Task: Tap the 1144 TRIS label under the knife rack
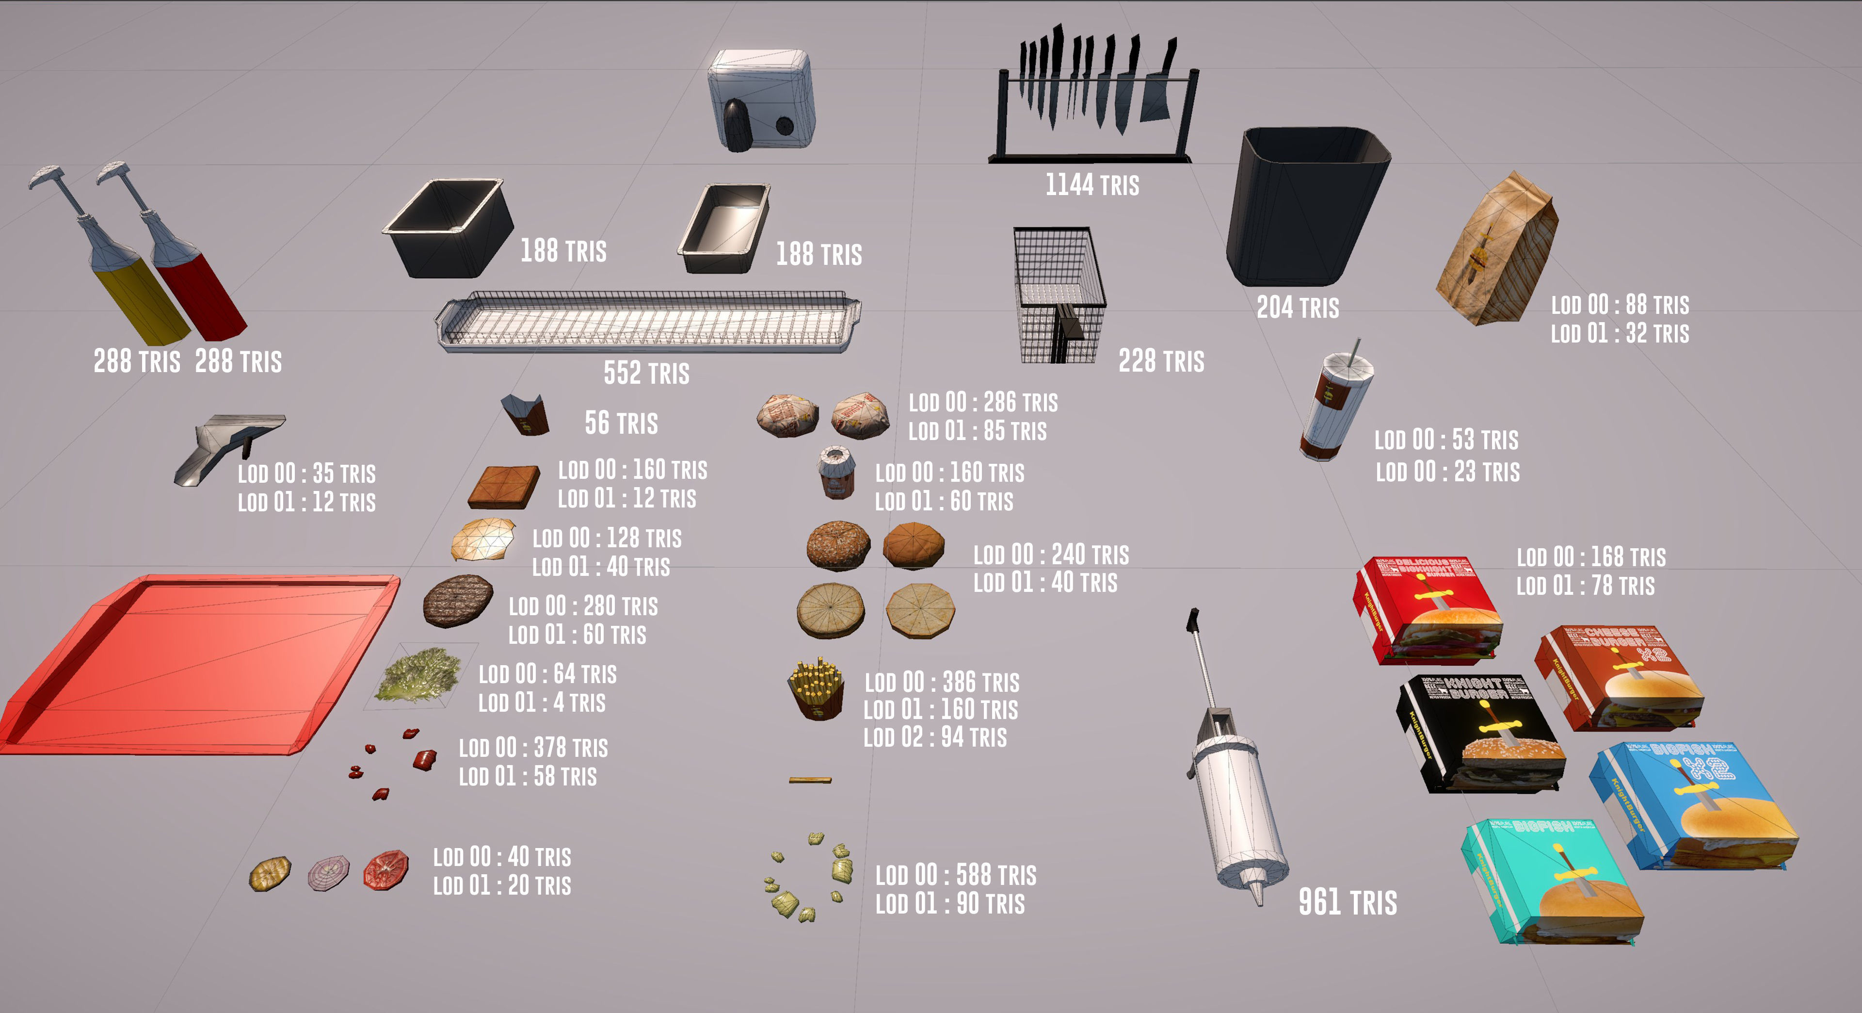(x=1092, y=185)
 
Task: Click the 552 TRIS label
(x=646, y=373)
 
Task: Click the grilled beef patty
(x=458, y=600)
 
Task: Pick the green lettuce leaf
(x=420, y=674)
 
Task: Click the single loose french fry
(x=810, y=780)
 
